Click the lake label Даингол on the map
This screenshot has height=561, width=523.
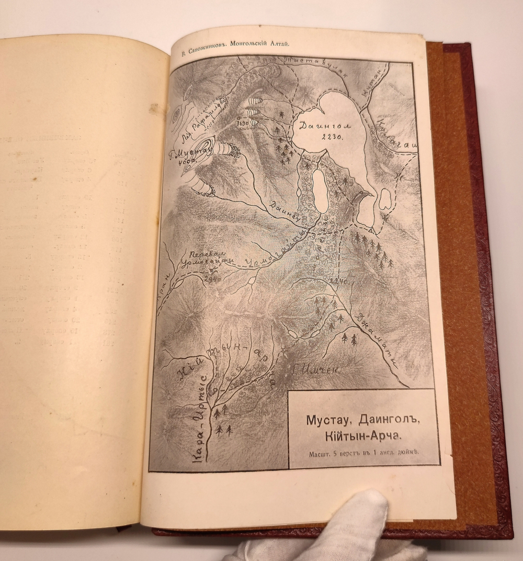point(318,127)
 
